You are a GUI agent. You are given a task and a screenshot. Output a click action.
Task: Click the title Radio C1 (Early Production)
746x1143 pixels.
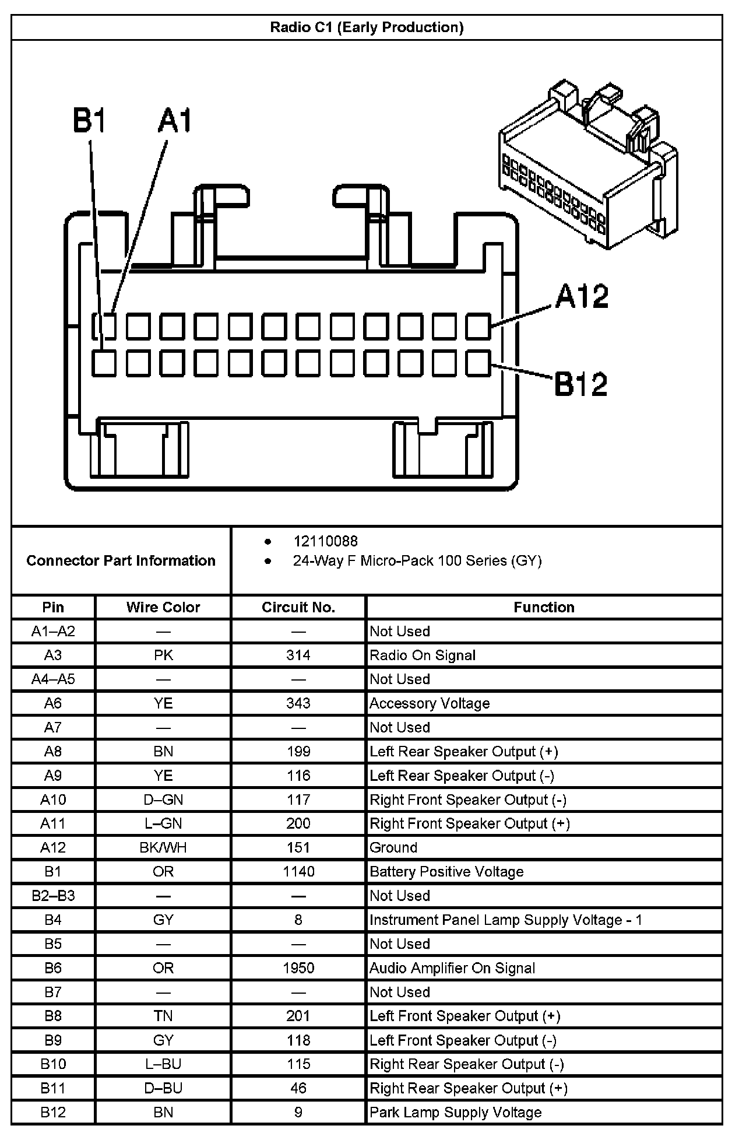coord(367,27)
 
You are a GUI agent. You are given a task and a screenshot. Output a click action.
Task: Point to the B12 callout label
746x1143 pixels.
coord(580,384)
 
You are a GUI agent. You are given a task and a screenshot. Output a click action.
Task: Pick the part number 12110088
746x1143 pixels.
coord(325,541)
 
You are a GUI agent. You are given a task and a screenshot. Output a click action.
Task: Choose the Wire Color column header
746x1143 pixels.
coord(163,607)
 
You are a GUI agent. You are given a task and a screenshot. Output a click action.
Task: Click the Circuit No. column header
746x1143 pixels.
coord(298,607)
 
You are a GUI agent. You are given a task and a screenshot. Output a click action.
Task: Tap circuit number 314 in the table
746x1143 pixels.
coord(298,655)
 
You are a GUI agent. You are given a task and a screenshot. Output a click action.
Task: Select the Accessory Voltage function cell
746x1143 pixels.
coord(430,703)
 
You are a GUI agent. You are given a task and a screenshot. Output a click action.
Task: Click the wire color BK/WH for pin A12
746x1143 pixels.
coord(163,847)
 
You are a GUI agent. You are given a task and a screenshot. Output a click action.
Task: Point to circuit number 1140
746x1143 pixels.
coord(298,871)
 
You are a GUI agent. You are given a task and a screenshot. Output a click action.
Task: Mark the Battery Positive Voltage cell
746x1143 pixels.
coord(446,871)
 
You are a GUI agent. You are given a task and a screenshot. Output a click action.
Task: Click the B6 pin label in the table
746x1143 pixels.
coord(53,968)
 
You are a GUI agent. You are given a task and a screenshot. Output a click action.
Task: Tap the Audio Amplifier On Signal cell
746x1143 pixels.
coord(452,968)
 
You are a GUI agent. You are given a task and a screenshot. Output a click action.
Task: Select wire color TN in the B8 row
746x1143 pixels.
coord(163,1016)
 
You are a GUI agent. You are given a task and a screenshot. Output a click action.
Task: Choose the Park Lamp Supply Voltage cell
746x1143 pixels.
coord(456,1112)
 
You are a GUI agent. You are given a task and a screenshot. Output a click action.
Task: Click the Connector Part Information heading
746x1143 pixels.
coord(121,560)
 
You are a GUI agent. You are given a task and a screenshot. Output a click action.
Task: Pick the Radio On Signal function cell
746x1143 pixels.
coord(423,655)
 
